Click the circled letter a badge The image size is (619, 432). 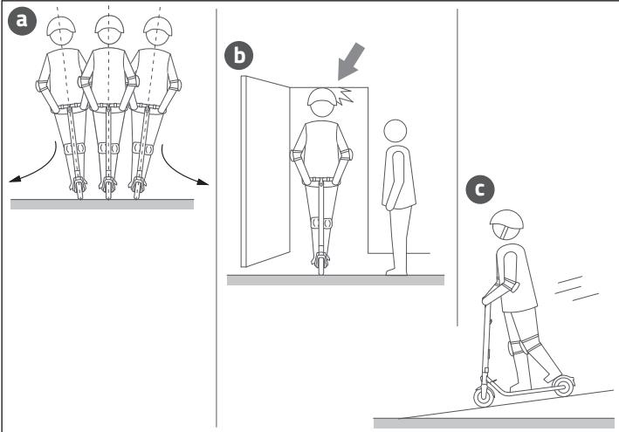point(22,21)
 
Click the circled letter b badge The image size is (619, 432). point(239,56)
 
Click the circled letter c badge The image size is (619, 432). point(479,189)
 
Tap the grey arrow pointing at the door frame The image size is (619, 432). point(351,61)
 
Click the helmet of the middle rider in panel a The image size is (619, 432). point(109,24)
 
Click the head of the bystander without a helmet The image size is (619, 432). point(395,131)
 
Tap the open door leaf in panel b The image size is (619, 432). point(265,172)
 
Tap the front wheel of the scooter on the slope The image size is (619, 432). point(484,396)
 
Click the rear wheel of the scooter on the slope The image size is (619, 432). point(564,386)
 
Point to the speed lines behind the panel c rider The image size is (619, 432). point(576,288)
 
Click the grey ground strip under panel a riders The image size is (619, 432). point(102,204)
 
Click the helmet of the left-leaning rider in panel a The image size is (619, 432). point(61,25)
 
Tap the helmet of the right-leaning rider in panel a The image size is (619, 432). point(158,25)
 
